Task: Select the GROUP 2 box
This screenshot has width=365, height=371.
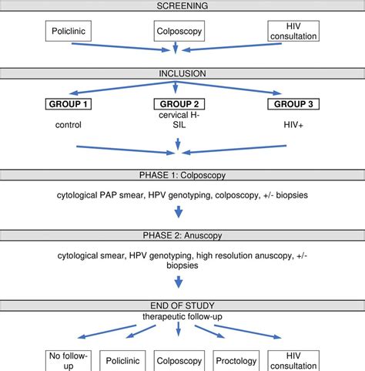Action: (178, 104)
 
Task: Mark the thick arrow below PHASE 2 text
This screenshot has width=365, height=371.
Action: (178, 285)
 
